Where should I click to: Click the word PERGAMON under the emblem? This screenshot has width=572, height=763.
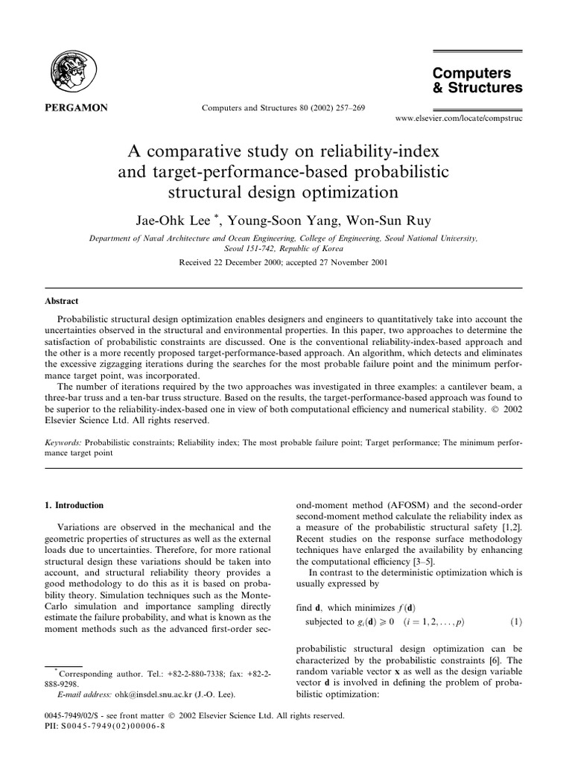tap(73, 108)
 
